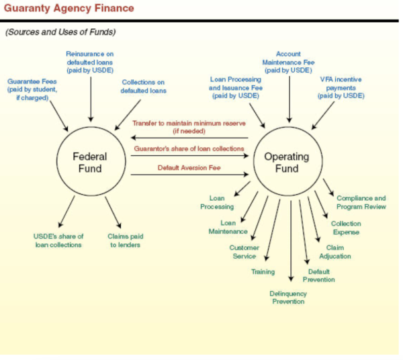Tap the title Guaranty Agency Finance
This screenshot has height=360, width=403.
[69, 8]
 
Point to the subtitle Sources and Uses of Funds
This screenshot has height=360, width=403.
[60, 32]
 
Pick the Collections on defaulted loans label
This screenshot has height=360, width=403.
[144, 87]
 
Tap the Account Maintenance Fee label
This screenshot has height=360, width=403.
[288, 62]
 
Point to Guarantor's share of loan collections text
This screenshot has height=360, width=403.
[187, 148]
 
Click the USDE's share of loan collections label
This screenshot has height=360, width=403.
[57, 240]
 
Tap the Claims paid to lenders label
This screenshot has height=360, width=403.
[125, 240]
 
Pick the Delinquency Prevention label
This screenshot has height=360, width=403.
[288, 298]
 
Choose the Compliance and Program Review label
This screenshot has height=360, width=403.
[361, 202]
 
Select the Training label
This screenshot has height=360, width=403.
[263, 271]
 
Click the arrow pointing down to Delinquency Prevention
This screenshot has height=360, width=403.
[290, 242]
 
